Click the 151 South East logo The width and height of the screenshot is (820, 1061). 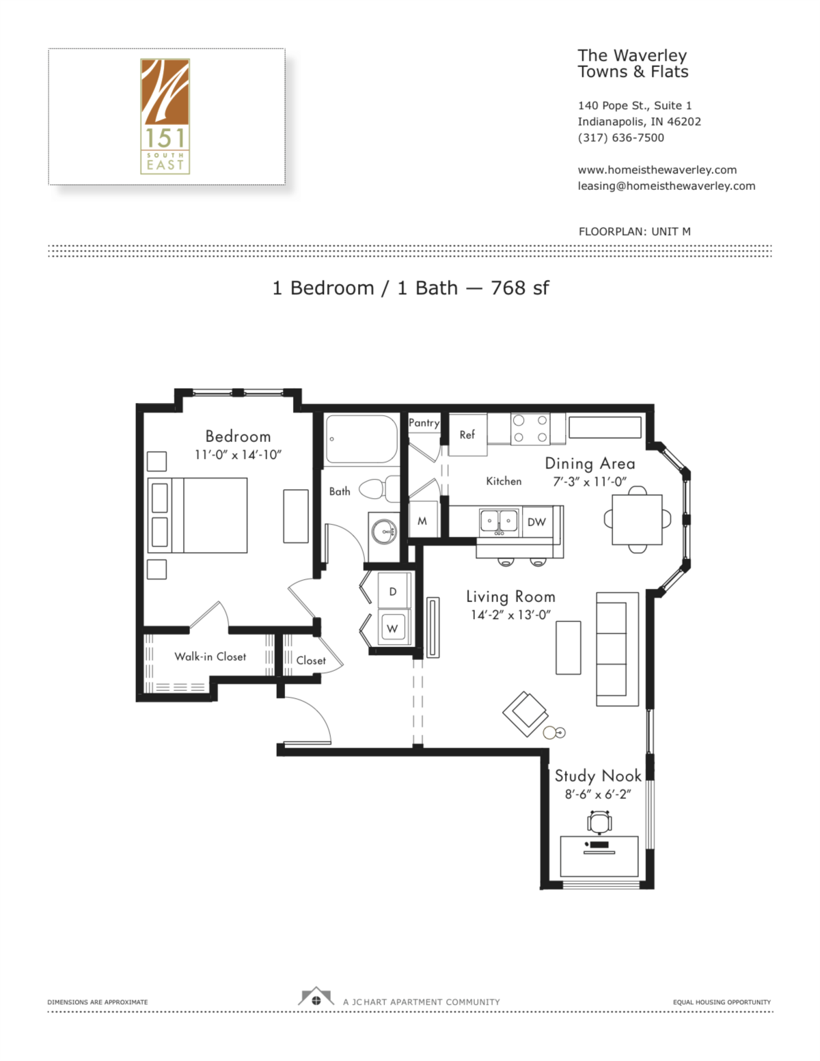point(165,116)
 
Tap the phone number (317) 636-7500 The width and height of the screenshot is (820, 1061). point(620,137)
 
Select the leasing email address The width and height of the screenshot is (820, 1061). point(666,186)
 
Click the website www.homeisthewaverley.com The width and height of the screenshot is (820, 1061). point(657,169)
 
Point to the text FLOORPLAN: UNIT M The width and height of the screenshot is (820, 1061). point(634,232)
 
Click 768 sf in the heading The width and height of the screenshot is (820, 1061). point(519,288)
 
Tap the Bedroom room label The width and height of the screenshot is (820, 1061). point(238,437)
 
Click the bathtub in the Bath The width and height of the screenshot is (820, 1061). point(361,439)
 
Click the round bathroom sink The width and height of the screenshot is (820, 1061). point(383,531)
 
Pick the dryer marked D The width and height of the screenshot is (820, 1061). point(393,592)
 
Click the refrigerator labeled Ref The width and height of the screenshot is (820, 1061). point(467,435)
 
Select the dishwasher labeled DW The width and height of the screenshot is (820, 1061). point(536,522)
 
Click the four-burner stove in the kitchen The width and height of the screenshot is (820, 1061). point(530,429)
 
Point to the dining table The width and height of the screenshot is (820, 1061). point(637,519)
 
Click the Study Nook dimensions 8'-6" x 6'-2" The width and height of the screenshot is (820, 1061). point(597,794)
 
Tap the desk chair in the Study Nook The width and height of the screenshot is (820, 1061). point(599,821)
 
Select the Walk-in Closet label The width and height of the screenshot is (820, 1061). point(210,657)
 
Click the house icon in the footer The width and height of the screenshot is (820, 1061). point(316,997)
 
